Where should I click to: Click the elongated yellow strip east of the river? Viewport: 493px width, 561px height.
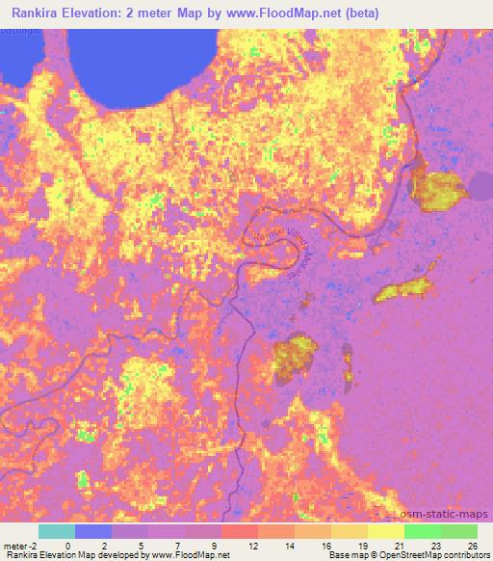[403, 287]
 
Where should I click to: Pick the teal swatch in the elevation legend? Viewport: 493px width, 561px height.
[57, 531]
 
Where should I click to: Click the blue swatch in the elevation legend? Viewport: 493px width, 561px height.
[93, 531]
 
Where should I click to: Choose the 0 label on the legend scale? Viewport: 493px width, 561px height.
[66, 545]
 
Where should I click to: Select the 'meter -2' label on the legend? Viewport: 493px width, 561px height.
[19, 545]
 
